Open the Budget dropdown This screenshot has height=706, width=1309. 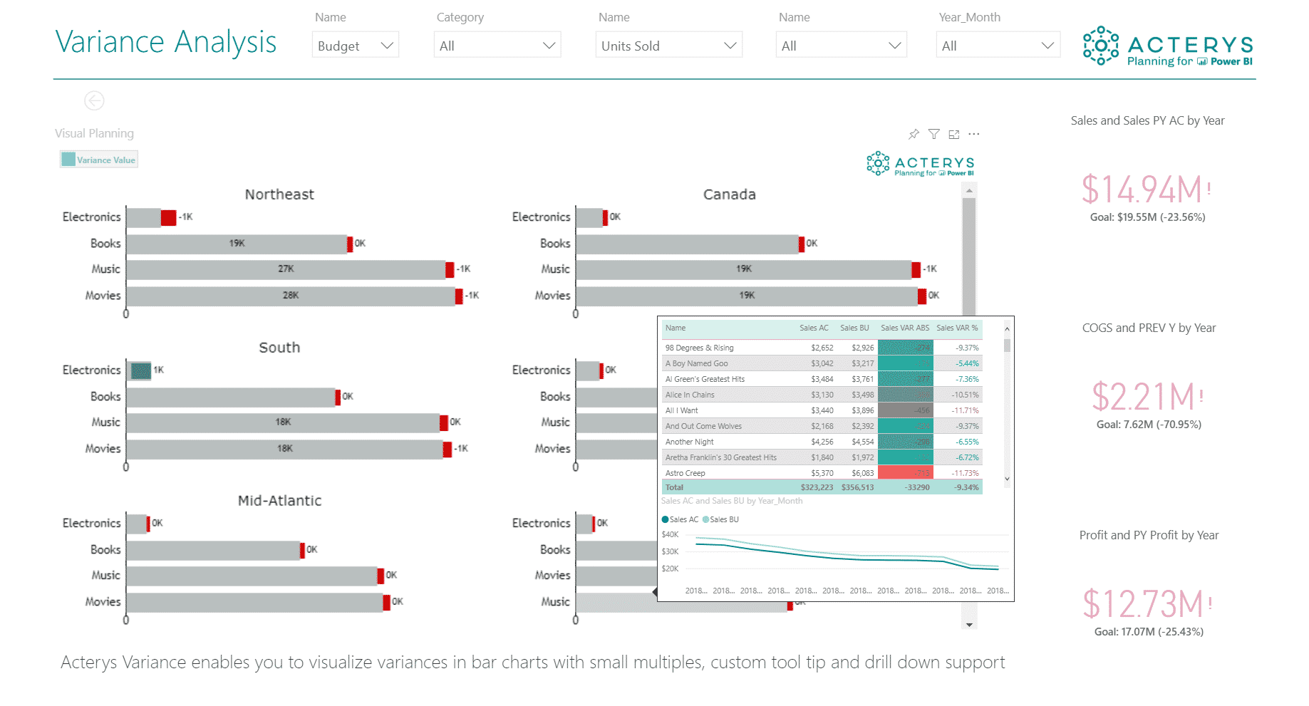(355, 46)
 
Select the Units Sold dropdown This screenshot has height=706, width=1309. (668, 46)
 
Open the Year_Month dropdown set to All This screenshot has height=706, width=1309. (997, 46)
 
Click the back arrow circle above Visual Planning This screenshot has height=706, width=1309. (94, 100)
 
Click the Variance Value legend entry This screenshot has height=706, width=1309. (99, 160)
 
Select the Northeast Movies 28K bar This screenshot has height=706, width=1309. (290, 296)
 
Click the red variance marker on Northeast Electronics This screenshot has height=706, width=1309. (168, 217)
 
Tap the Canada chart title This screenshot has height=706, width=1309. (729, 194)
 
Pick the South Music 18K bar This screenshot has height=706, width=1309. (283, 422)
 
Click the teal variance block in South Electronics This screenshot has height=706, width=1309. (141, 370)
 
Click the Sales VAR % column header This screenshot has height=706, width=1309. (957, 328)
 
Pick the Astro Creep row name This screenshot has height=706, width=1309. (685, 473)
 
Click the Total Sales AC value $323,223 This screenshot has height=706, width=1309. (817, 487)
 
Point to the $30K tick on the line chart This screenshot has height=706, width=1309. (670, 551)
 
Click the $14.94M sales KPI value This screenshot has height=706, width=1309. (1142, 190)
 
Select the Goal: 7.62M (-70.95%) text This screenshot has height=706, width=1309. (1149, 425)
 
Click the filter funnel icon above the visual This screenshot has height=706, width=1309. (933, 134)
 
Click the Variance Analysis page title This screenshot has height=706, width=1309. (165, 42)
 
